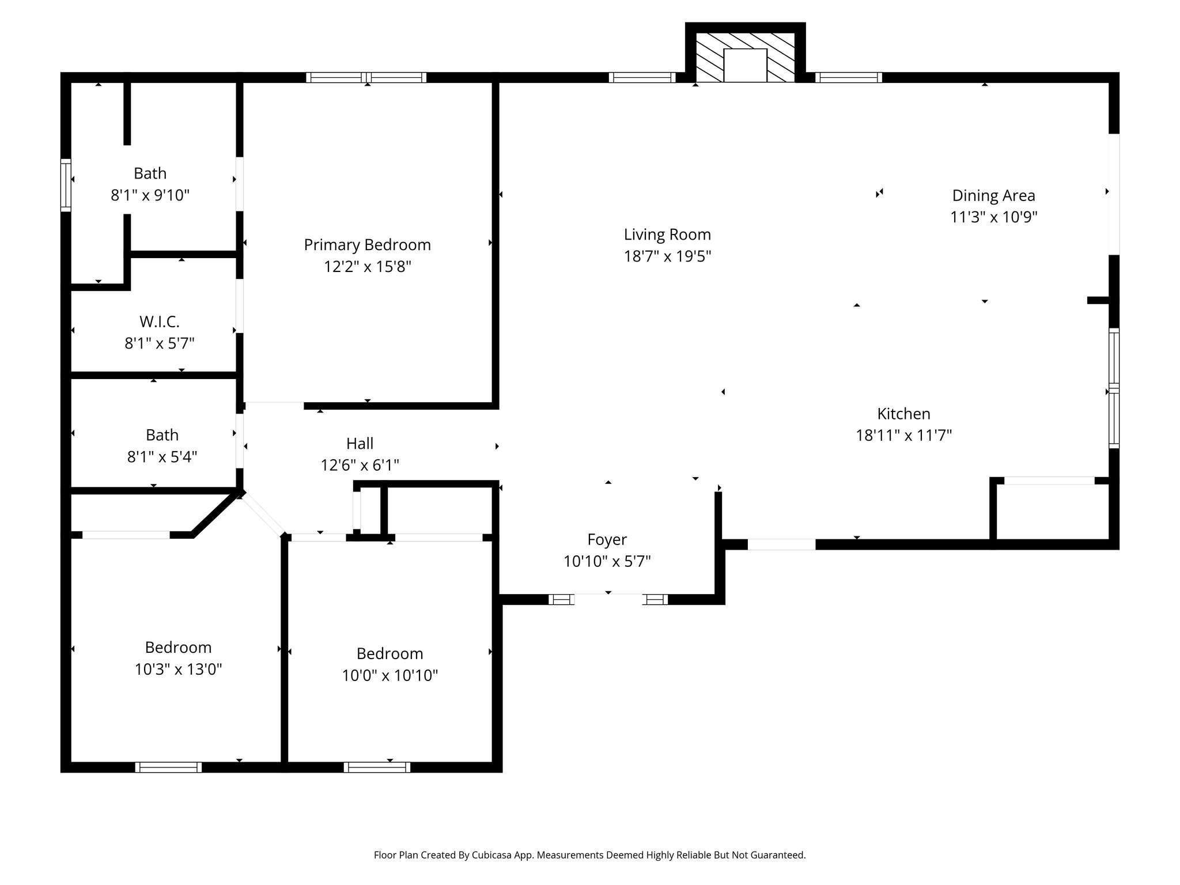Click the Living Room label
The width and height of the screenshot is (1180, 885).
[x=667, y=235]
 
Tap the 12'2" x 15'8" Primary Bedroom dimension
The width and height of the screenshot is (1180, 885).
[x=367, y=267]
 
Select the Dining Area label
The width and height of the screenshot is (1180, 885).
[x=993, y=195]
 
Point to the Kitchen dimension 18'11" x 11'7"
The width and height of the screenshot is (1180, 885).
[x=903, y=435]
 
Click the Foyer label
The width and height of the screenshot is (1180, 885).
[x=607, y=539]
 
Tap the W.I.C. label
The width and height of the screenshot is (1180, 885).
[x=159, y=322]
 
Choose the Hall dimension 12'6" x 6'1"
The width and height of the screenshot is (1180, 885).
[x=360, y=465]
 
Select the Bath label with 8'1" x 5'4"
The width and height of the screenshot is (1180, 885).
[x=162, y=434]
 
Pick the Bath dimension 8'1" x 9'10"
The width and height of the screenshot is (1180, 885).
[x=150, y=195]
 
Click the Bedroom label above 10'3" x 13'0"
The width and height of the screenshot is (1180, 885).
[x=178, y=647]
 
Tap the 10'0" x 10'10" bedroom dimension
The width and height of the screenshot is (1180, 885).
[x=389, y=675]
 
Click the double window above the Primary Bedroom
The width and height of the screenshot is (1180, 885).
[x=366, y=77]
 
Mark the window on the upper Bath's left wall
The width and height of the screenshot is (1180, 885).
[x=66, y=185]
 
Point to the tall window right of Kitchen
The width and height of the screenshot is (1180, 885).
[x=1114, y=388]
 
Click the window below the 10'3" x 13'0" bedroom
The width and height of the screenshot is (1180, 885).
[x=168, y=767]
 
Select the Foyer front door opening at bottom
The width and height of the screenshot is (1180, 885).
[x=608, y=599]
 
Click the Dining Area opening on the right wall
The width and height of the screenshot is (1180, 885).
[x=1114, y=194]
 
